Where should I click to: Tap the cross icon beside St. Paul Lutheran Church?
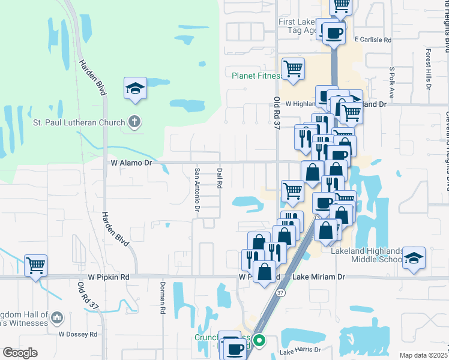coord(134,123)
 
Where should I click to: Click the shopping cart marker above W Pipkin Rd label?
coord(35,265)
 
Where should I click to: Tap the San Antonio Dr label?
coord(196,189)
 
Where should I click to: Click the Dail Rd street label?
coord(220,178)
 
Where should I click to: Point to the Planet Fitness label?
coord(257,76)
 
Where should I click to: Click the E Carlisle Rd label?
coord(372,40)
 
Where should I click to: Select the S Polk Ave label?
coord(391,82)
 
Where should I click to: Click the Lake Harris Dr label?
coord(301,350)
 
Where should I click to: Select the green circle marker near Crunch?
coord(259,341)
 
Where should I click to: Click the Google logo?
coord(20,353)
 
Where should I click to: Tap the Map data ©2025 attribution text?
coord(423,355)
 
